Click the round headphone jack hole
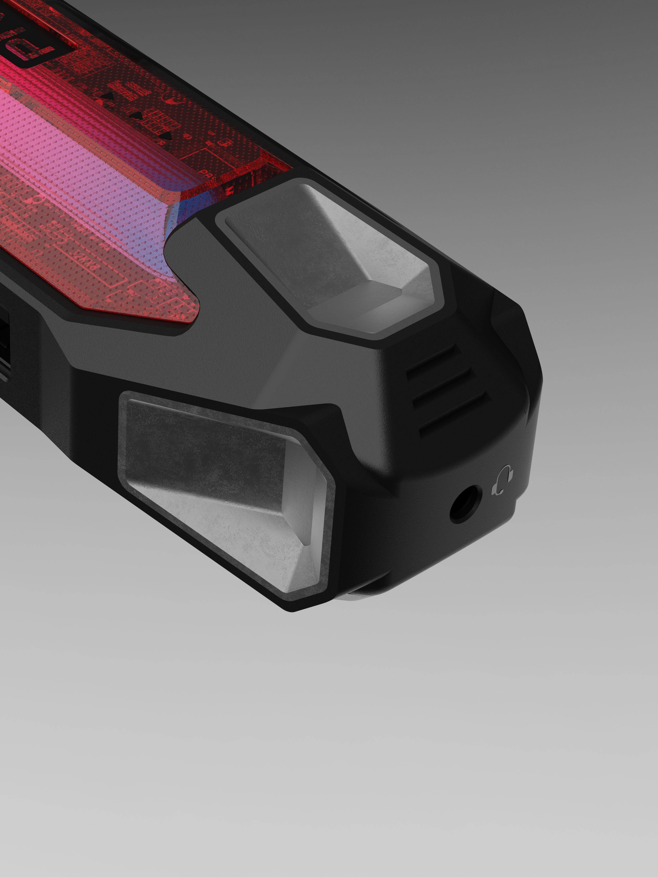point(466,504)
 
